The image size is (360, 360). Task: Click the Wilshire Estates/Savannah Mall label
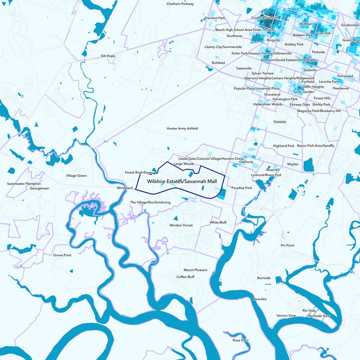179,181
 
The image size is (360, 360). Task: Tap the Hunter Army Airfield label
182,128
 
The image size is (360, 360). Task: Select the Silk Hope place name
108,56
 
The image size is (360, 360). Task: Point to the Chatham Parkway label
180,4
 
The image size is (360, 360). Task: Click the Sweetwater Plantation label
24,184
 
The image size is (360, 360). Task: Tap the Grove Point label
63,255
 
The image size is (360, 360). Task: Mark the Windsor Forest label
181,225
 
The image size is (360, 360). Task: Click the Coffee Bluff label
185,277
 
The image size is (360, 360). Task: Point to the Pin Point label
287,245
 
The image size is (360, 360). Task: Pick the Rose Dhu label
240,340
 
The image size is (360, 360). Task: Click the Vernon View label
286,315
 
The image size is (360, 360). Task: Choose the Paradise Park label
242,188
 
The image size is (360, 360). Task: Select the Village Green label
76,175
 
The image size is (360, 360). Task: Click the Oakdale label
280,121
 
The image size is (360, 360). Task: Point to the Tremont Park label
215,18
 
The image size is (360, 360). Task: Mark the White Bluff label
218,223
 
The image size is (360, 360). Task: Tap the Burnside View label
319,316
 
